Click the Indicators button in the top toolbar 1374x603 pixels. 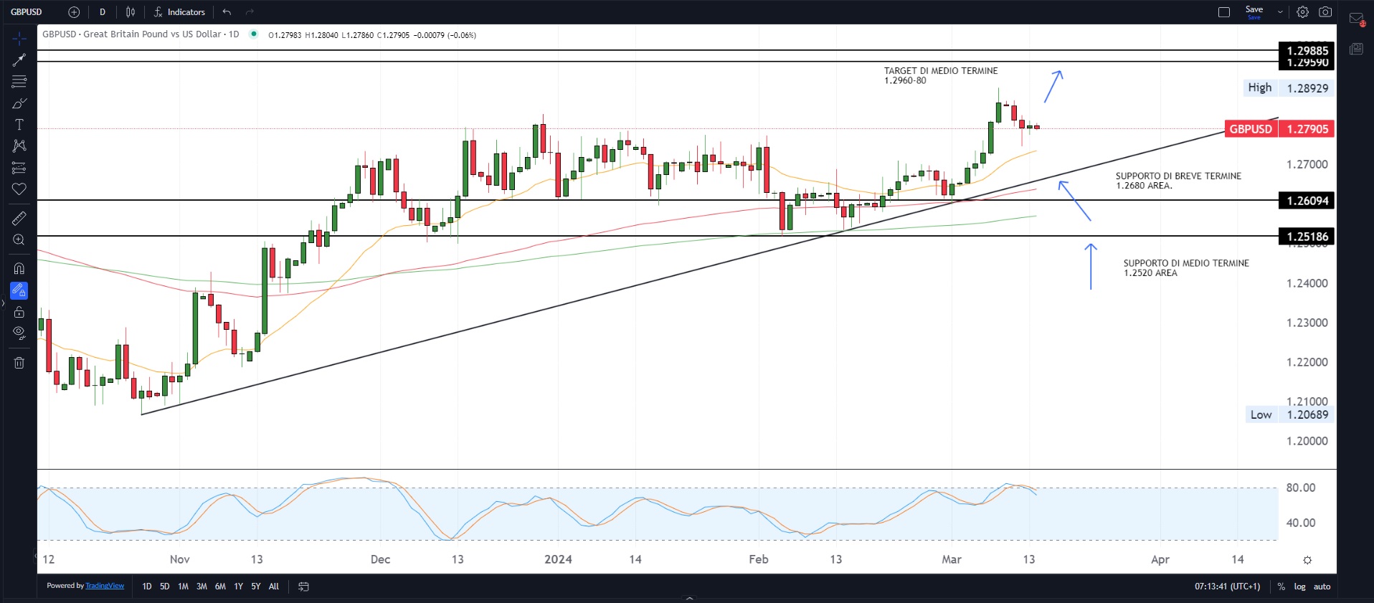tap(179, 12)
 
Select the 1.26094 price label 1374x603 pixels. tap(1307, 201)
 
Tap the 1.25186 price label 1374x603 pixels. tap(1307, 237)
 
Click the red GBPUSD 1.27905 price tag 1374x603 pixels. tap(1279, 129)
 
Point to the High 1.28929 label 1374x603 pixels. tap(1287, 88)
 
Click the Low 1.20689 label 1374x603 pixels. tap(1289, 414)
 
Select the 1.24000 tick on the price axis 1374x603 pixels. tap(1307, 283)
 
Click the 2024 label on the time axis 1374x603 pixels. tap(558, 559)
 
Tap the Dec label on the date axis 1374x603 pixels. tap(380, 559)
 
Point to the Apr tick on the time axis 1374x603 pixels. tap(1160, 559)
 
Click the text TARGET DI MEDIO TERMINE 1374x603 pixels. tap(940, 71)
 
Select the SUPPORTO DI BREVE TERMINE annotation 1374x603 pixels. tap(1178, 176)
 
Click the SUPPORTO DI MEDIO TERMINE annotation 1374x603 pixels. tap(1185, 264)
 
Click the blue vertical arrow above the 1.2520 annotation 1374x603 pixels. tap(1091, 266)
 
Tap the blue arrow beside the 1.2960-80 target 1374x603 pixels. tap(1053, 86)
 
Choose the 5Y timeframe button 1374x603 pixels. tap(255, 587)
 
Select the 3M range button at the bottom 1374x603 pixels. tap(202, 587)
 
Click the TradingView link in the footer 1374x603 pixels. tap(105, 586)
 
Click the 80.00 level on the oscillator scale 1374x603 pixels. tap(1300, 488)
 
